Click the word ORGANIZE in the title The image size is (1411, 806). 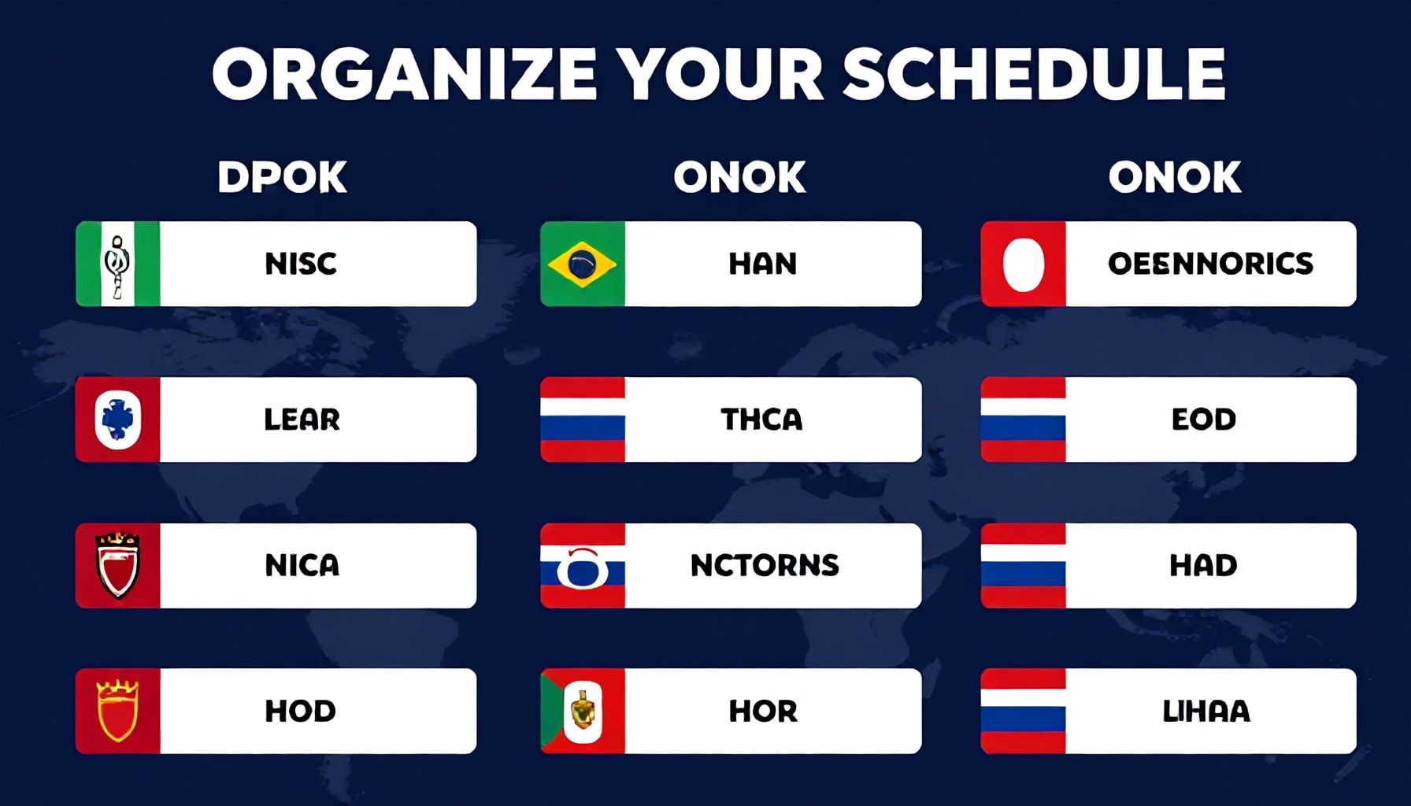pyautogui.click(x=404, y=75)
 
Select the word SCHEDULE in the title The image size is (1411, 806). pyautogui.click(x=1033, y=75)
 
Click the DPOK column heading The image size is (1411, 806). pyautogui.click(x=282, y=177)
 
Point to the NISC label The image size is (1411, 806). pyautogui.click(x=301, y=264)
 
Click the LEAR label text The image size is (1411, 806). pyautogui.click(x=302, y=420)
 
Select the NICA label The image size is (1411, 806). pyautogui.click(x=302, y=565)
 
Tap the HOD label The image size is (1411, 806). pyautogui.click(x=300, y=711)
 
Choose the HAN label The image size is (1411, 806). pyautogui.click(x=762, y=264)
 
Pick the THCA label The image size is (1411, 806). pyautogui.click(x=761, y=420)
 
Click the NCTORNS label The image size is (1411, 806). pyautogui.click(x=765, y=565)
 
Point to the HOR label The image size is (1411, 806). pyautogui.click(x=762, y=711)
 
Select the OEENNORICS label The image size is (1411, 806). pyautogui.click(x=1210, y=264)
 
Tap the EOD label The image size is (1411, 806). pyautogui.click(x=1203, y=420)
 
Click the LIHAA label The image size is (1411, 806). pyautogui.click(x=1205, y=711)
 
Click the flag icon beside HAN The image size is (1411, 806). pyautogui.click(x=583, y=264)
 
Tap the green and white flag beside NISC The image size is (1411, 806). pyautogui.click(x=118, y=264)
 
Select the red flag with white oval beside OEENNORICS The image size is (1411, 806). pyautogui.click(x=1023, y=264)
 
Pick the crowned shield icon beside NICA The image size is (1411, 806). pyautogui.click(x=118, y=565)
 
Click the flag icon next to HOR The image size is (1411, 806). pyautogui.click(x=583, y=711)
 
